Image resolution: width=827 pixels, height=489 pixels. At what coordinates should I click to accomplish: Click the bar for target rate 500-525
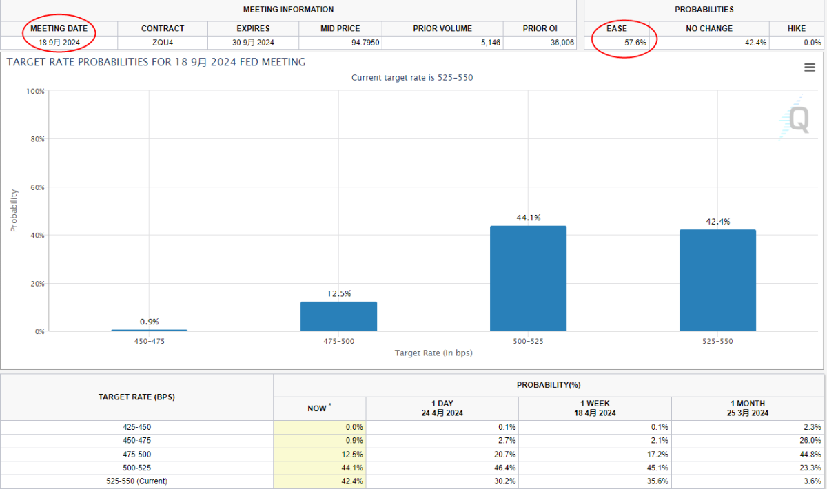coord(528,278)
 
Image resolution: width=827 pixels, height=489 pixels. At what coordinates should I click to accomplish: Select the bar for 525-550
coord(717,280)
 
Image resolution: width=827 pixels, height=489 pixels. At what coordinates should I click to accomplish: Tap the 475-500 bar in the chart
coord(338,316)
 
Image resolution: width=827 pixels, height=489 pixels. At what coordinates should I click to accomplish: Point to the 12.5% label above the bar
coord(338,294)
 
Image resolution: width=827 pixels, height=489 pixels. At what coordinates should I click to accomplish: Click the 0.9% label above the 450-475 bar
coord(149,322)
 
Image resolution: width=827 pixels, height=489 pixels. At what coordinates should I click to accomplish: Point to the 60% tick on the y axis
coord(37,187)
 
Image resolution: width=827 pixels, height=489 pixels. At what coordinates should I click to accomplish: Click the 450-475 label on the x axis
coord(149,342)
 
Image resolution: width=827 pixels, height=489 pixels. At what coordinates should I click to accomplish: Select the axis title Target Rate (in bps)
coord(433,353)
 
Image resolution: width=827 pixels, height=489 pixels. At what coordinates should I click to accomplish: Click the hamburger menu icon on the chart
coord(810,67)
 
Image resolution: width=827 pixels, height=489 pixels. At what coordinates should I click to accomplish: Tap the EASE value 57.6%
coord(635,43)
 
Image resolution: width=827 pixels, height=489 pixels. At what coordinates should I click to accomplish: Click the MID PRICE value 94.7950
coord(365,43)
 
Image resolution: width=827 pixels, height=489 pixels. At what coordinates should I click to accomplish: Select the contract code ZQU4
coord(163,43)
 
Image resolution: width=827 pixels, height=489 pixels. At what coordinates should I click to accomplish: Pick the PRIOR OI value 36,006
coord(562,43)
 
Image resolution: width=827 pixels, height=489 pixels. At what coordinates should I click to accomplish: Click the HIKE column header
coord(797,29)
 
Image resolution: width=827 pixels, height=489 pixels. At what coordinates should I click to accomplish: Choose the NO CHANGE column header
coord(709,29)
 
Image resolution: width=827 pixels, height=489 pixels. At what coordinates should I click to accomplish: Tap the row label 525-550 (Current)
coord(136,481)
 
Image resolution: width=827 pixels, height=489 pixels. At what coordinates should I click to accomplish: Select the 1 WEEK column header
coord(595,408)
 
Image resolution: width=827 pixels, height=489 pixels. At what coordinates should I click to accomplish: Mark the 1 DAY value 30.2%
coord(504,481)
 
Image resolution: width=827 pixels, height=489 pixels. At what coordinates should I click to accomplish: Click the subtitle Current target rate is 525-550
coord(412,78)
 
